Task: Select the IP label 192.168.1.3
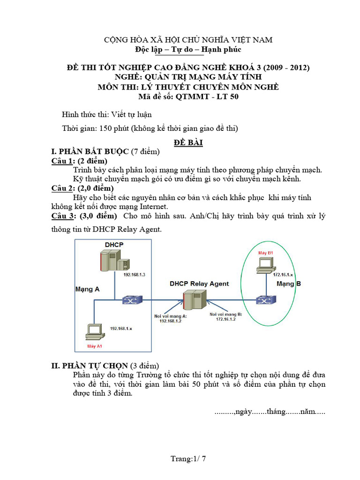pyautogui.click(x=135, y=275)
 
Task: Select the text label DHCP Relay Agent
pyautogui.click(x=199, y=284)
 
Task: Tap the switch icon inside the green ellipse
pyautogui.click(x=262, y=300)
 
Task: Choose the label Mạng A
pyautogui.click(x=87, y=289)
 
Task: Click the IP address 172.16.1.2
pyautogui.click(x=226, y=319)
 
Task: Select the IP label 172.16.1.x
pyautogui.click(x=283, y=274)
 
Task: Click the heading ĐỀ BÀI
pyautogui.click(x=187, y=142)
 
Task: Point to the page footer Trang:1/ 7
pyautogui.click(x=188, y=458)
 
